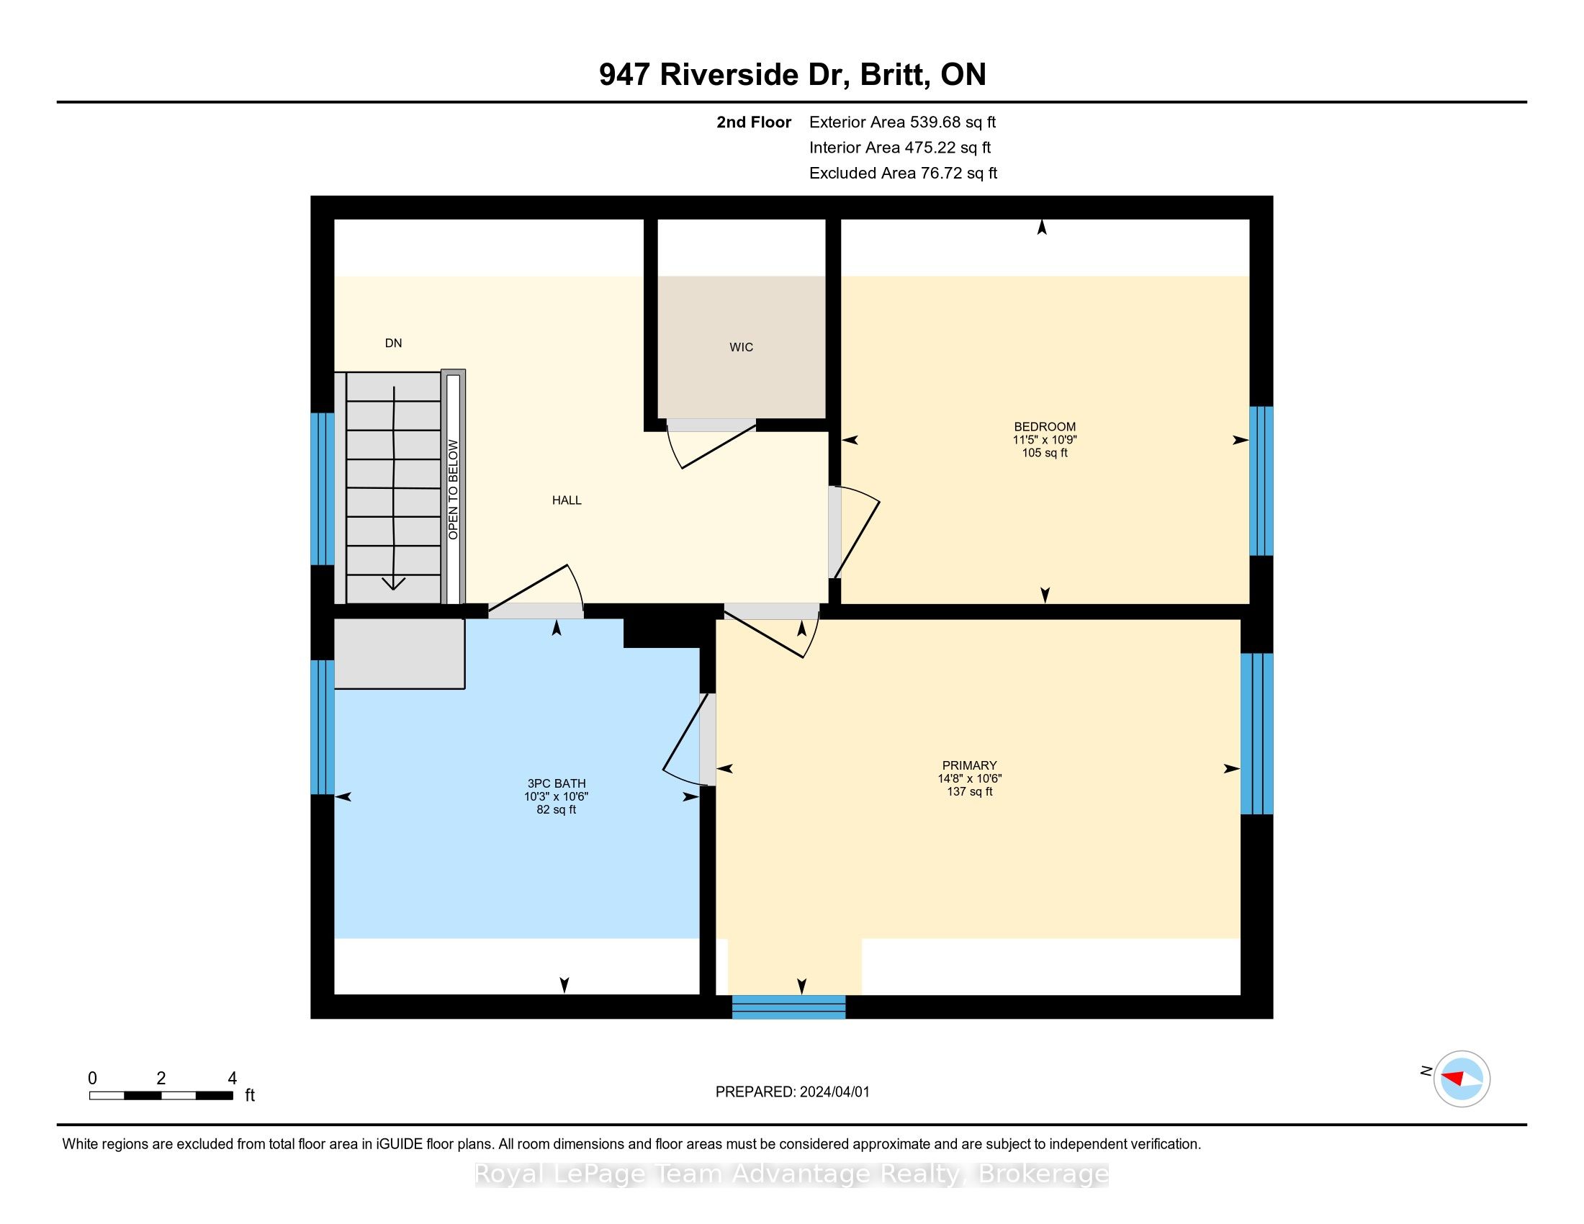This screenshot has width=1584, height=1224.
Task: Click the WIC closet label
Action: [741, 347]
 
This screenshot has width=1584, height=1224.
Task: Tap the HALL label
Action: [567, 500]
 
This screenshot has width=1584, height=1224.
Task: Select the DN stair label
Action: [393, 343]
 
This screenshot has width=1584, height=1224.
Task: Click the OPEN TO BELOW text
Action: [454, 490]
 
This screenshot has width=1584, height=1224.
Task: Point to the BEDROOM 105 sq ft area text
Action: [1045, 453]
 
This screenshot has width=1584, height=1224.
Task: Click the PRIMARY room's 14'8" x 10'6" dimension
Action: [970, 779]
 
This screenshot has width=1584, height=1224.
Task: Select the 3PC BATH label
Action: [557, 783]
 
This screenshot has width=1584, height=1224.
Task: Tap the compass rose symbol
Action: [1462, 1079]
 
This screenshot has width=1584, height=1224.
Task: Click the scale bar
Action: [161, 1095]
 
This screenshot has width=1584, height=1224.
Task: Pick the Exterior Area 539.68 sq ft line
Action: [903, 122]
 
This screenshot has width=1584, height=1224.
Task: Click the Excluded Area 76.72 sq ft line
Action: [904, 173]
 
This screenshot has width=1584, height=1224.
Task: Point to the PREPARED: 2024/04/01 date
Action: [792, 1092]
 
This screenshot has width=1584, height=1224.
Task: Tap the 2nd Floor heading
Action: [754, 122]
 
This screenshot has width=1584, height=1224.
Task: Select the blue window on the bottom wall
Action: [788, 1007]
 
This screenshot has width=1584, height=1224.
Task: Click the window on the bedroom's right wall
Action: [1261, 481]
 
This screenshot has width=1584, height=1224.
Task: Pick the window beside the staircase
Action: [323, 489]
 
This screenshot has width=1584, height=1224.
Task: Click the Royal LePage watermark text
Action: [792, 1174]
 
